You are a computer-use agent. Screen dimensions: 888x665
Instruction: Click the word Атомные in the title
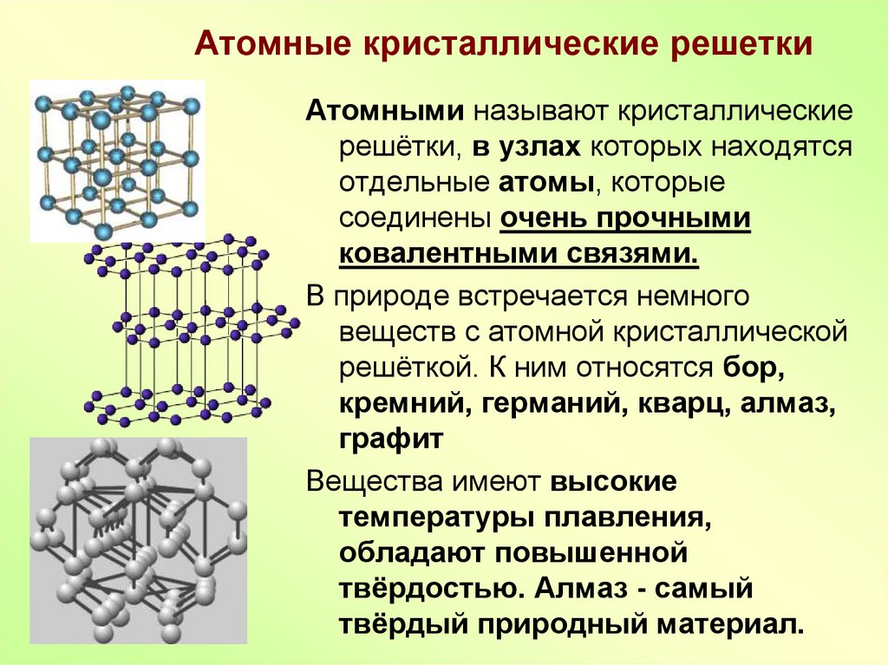coord(272,43)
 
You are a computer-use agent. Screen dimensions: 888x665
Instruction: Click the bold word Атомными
coord(385,111)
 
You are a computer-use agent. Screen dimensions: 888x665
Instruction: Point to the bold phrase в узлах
coord(526,147)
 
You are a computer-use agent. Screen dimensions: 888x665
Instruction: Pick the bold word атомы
coord(546,183)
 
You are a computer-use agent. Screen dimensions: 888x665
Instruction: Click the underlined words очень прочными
coord(625,219)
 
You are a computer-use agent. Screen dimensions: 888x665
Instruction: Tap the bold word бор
coord(754,368)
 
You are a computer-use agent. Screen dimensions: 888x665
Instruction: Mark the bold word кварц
coord(682,404)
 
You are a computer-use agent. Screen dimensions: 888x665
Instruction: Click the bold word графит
coord(391,440)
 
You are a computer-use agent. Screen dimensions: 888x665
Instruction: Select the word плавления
coord(624,518)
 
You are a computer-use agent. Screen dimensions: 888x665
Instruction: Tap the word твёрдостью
coord(430,589)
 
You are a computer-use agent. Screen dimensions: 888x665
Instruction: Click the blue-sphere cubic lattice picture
coord(117,161)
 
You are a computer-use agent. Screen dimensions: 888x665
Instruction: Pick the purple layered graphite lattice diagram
coord(192,329)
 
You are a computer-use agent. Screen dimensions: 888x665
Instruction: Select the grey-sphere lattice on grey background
coord(138,540)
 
